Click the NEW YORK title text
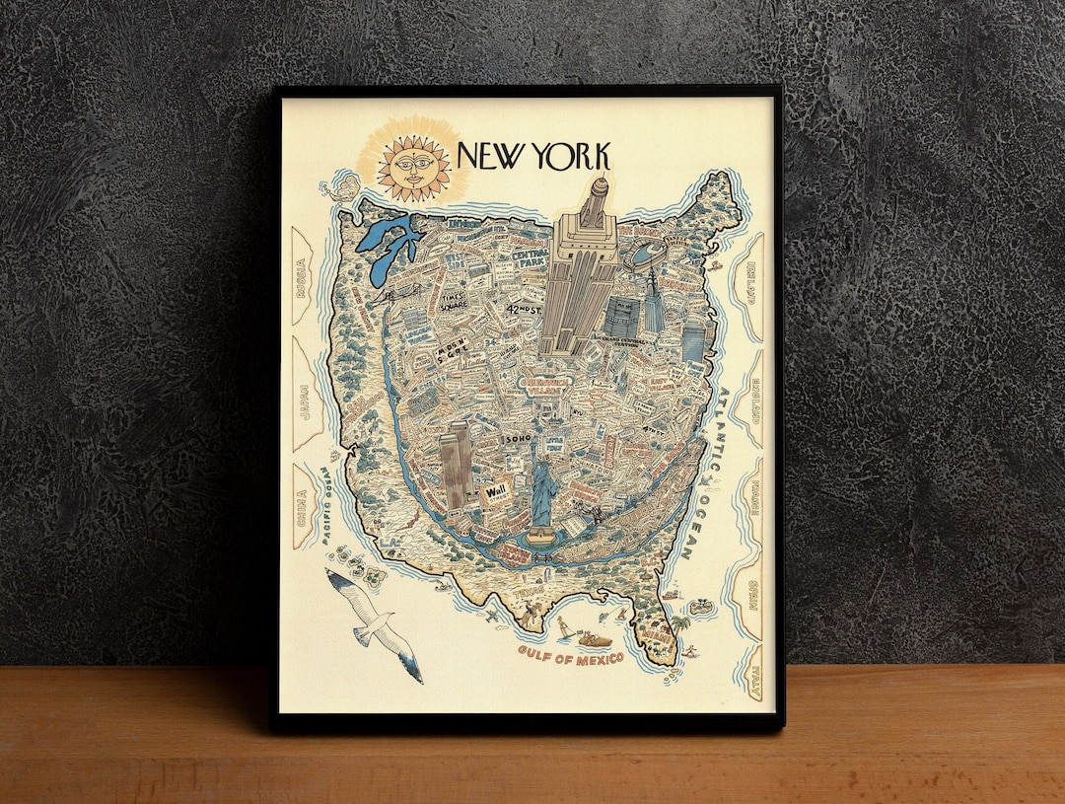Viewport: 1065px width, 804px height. point(533,156)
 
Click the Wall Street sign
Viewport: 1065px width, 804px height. point(496,496)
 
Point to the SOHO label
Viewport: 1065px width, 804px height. point(517,437)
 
